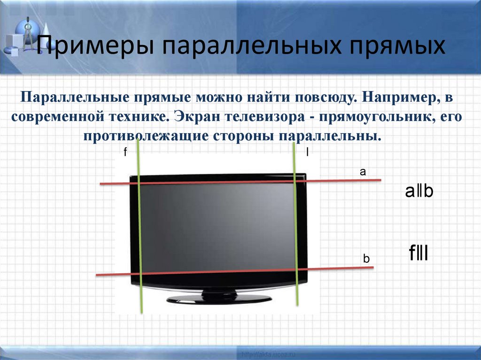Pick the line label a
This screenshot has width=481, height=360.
(362, 172)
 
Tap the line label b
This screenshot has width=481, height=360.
(366, 259)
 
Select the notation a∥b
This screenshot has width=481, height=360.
(419, 191)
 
